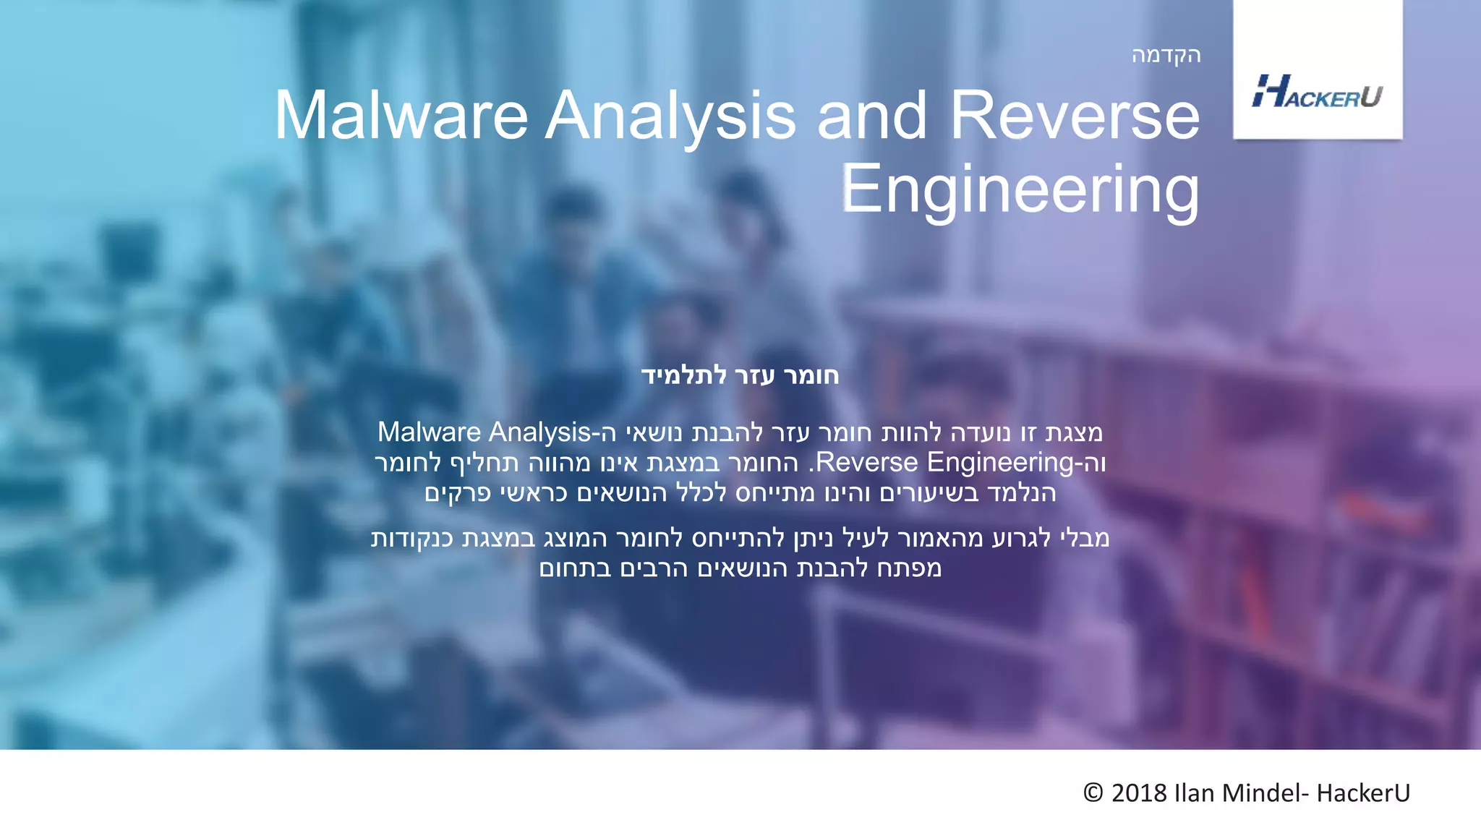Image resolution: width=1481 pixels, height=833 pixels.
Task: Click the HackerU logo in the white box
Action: tap(1317, 92)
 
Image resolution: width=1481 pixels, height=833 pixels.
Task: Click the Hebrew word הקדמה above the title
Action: tap(1166, 56)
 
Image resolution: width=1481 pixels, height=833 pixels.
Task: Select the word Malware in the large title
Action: tap(401, 116)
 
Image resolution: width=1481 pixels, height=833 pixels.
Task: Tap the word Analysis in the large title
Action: tap(670, 116)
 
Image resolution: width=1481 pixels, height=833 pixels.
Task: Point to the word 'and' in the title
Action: tap(871, 116)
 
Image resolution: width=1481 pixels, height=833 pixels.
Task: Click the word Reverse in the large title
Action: tap(1075, 116)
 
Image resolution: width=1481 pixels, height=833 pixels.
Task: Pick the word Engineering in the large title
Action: tap(1020, 189)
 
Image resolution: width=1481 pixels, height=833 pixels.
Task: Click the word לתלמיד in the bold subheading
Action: tap(684, 375)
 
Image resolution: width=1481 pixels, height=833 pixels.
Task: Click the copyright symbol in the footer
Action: tap(1093, 793)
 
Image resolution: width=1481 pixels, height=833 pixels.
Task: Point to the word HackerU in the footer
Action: tap(1363, 793)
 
